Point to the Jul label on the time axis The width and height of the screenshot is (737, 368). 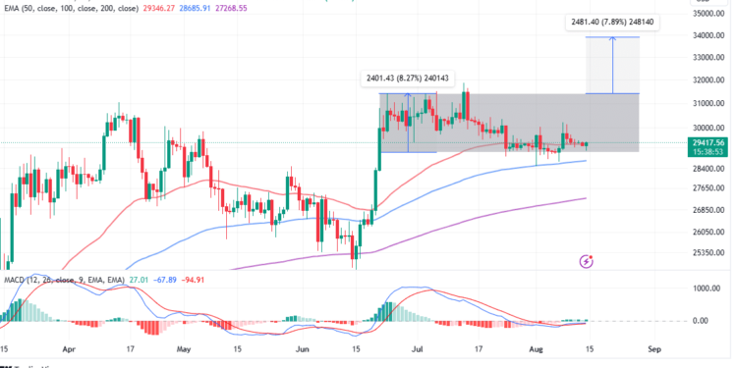pos(418,349)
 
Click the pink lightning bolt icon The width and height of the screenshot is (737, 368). pos(587,261)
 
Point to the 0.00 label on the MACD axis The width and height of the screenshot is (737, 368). pos(701,321)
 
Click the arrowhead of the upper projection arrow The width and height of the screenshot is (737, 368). pos(612,38)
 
